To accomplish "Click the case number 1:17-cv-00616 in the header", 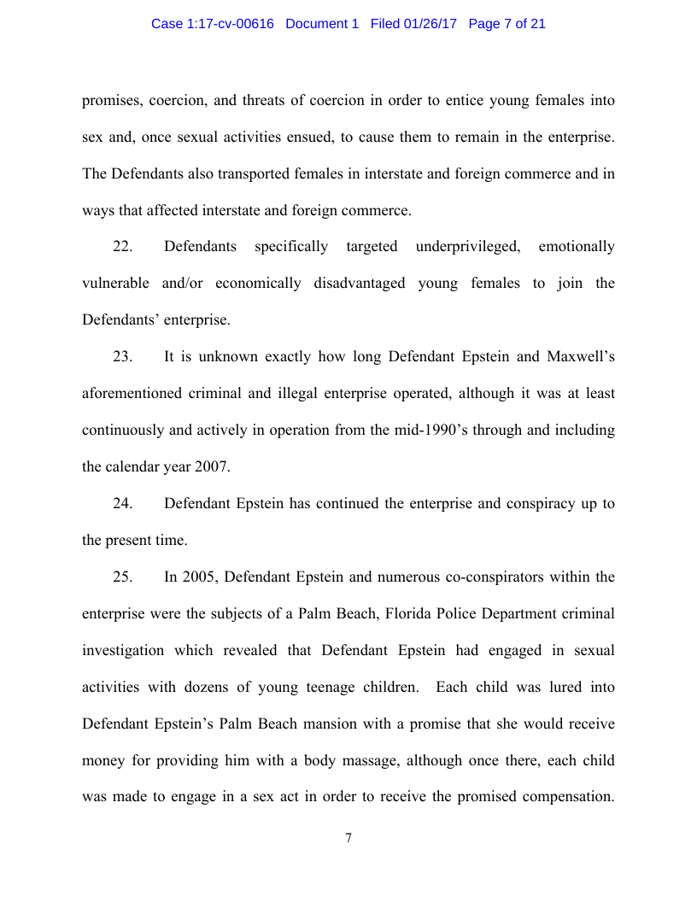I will point(225,24).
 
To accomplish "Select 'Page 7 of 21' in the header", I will point(507,24).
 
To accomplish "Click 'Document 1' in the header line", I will point(322,24).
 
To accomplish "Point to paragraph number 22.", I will point(122,247).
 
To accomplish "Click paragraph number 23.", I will point(122,357).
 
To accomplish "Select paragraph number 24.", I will point(122,504).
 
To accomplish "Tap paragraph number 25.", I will point(122,577).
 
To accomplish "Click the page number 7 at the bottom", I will point(348,838).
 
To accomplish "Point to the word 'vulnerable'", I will point(115,284).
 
